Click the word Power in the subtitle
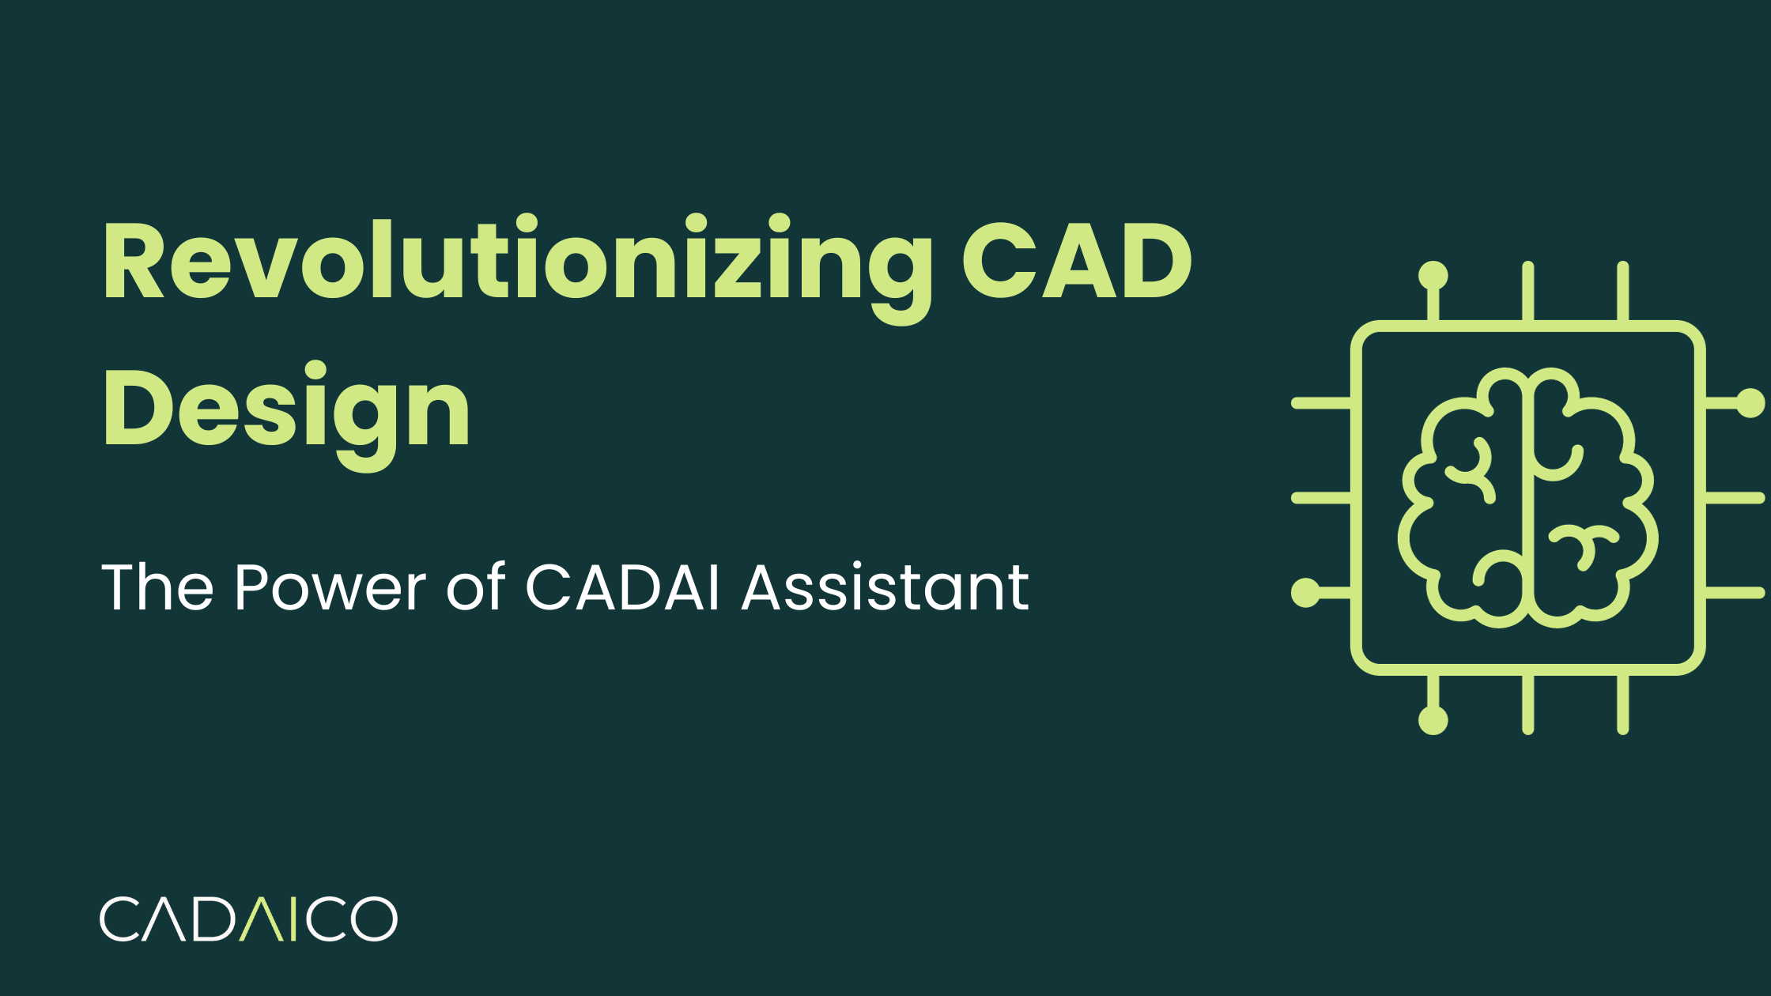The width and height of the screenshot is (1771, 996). click(x=330, y=588)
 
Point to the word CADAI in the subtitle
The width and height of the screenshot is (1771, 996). click(x=622, y=588)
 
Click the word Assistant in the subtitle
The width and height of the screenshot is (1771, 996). click(x=885, y=588)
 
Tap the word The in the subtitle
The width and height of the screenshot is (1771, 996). click(x=157, y=588)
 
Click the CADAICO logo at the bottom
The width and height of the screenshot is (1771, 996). click(x=248, y=919)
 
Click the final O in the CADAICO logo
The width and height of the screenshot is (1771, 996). click(x=373, y=919)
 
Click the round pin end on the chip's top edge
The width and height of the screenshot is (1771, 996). click(x=1433, y=276)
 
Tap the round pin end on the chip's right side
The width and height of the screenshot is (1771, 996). click(x=1750, y=403)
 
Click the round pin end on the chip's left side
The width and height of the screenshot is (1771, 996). click(x=1305, y=592)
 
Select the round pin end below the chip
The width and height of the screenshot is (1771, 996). click(x=1433, y=720)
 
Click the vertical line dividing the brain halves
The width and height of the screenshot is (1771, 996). click(x=1527, y=498)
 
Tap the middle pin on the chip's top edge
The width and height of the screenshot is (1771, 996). click(x=1527, y=291)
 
